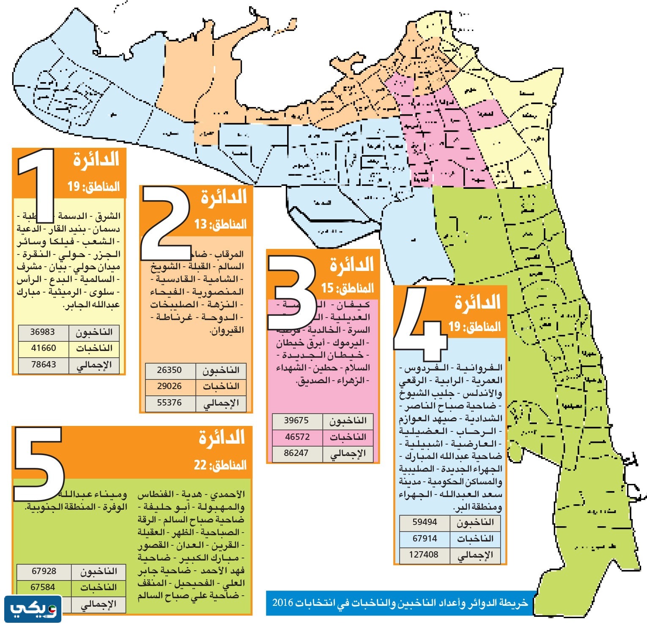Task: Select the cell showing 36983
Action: [x=43, y=332]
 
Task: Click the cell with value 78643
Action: [x=43, y=365]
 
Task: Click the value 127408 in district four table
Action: [x=424, y=555]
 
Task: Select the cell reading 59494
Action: [x=425, y=522]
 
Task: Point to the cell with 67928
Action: [x=44, y=572]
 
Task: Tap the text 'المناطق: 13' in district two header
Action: [x=220, y=224]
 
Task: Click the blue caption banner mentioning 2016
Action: [x=400, y=603]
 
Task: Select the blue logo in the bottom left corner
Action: [x=33, y=609]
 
